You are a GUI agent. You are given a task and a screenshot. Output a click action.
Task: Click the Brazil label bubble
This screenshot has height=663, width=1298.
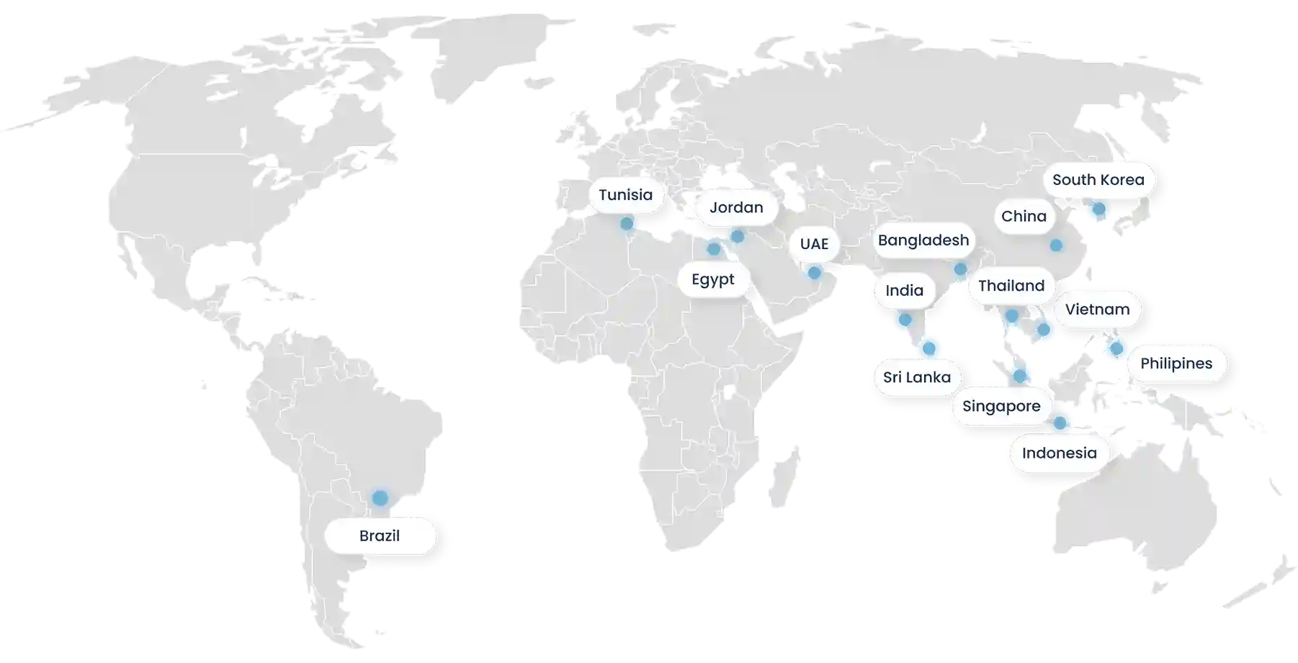pos(380,536)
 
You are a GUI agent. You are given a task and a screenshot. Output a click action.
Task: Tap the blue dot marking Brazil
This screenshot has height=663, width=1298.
pos(380,497)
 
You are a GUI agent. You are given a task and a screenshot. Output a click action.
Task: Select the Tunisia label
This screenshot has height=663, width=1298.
pos(625,195)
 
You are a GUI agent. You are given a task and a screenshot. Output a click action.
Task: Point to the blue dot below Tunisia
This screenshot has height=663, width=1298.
pos(626,223)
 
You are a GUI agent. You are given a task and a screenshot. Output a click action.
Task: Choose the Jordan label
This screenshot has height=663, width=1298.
pos(735,208)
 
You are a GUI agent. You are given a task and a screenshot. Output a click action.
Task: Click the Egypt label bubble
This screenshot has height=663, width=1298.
pos(712,279)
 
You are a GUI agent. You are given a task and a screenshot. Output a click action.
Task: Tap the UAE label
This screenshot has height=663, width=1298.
pos(814,244)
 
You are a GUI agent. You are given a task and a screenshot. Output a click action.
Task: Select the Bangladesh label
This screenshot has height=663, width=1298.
pos(923,240)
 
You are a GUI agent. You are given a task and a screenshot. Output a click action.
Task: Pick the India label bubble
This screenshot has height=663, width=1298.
pos(904,290)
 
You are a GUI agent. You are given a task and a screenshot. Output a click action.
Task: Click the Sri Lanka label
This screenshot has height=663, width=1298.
pos(916,377)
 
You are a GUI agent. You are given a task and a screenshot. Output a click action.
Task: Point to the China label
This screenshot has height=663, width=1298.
pos(1023,216)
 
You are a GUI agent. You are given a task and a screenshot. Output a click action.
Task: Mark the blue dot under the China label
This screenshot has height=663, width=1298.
pos(1056,245)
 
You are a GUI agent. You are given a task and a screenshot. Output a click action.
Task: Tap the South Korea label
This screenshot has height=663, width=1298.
pos(1097,180)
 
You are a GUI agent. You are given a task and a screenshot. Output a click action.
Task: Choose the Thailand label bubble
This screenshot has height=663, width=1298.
pos(1011,286)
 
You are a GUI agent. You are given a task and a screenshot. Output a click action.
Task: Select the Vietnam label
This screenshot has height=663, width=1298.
pos(1097,310)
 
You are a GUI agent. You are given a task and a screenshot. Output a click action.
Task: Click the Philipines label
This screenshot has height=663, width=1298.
pos(1176,364)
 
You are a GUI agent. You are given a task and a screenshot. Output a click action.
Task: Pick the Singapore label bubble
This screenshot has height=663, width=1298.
pos(1001,406)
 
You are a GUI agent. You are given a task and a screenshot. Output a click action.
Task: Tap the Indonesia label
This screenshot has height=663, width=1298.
pos(1059,453)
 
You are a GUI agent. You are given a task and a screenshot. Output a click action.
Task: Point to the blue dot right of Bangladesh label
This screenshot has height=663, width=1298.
pos(960,269)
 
